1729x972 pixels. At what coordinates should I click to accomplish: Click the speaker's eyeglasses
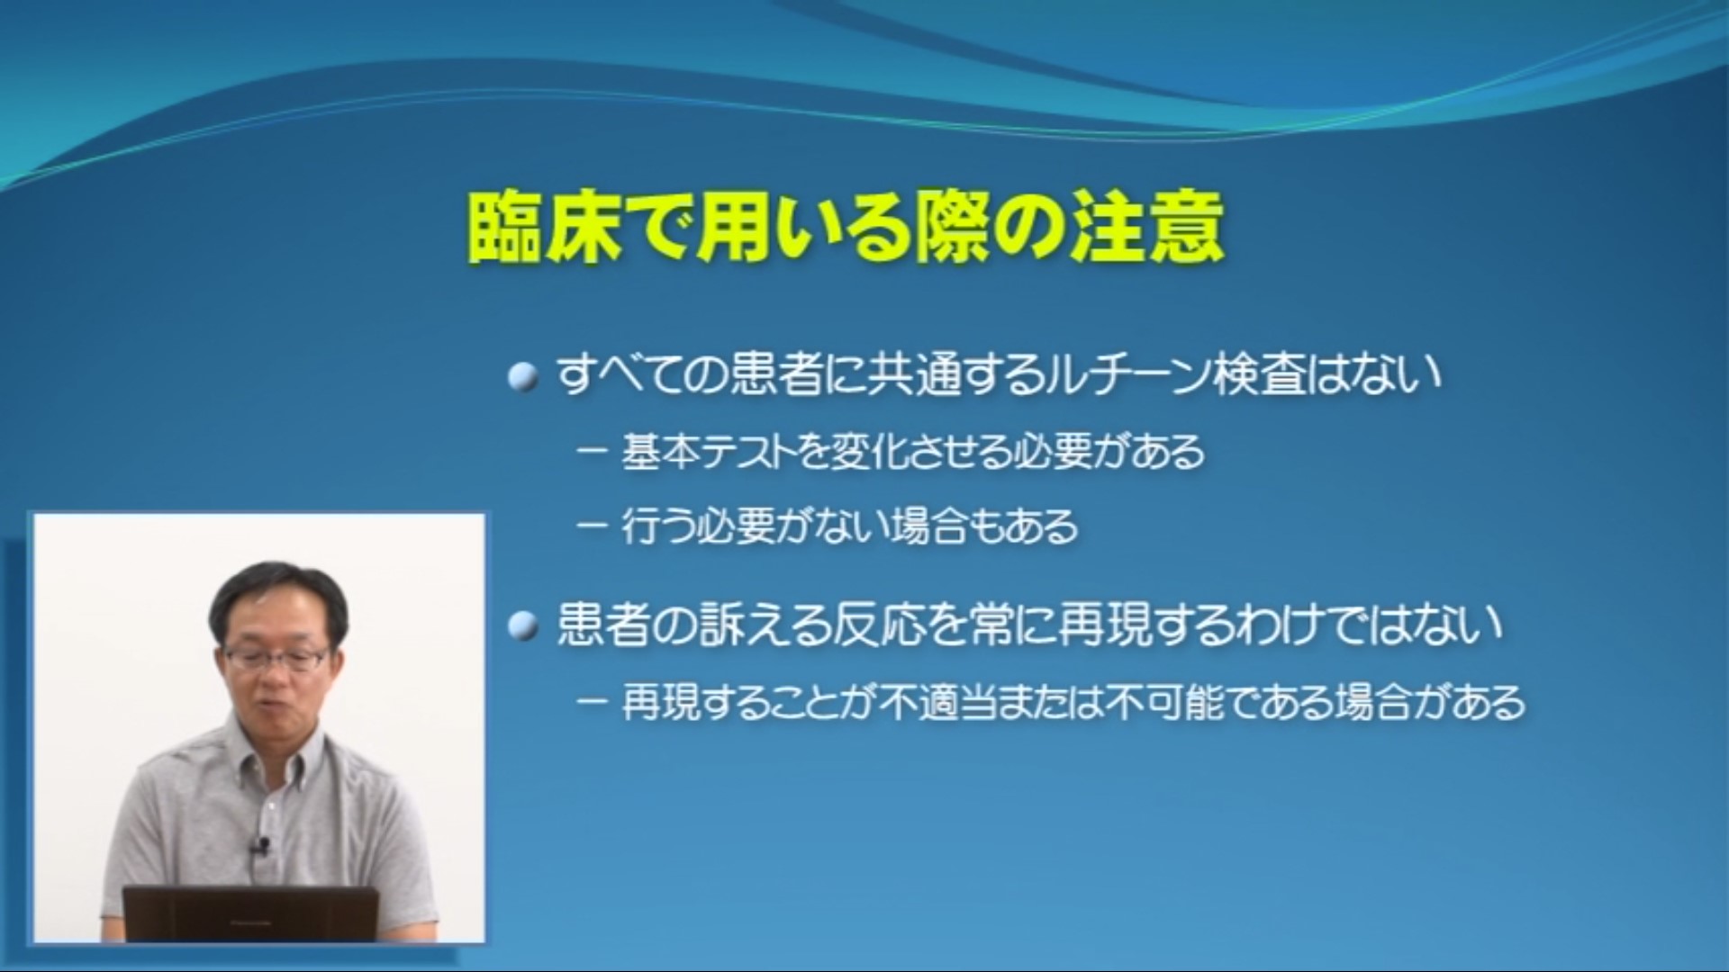click(276, 659)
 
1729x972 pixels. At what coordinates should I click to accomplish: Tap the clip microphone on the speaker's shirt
click(262, 846)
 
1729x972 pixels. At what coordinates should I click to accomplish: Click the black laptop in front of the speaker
click(250, 913)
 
